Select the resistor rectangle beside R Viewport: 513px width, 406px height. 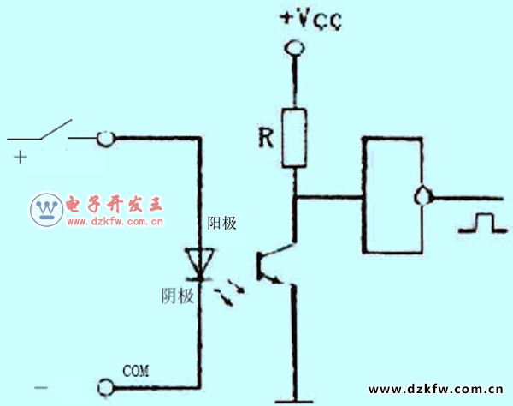[x=294, y=137]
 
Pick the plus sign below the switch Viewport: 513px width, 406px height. [x=18, y=157]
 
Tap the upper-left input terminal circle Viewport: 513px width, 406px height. [x=104, y=138]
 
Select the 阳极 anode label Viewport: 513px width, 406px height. [x=222, y=223]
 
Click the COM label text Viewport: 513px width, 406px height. [x=137, y=371]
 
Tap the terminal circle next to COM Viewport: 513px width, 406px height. [x=105, y=388]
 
